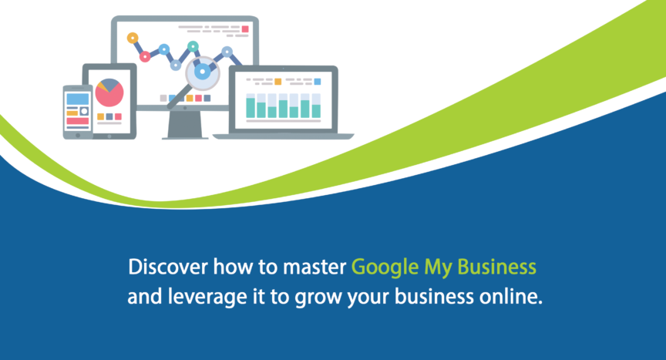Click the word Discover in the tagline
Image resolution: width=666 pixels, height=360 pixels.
[168, 267]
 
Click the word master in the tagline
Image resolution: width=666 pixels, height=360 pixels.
[314, 267]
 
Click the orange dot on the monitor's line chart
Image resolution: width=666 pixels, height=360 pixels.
[133, 39]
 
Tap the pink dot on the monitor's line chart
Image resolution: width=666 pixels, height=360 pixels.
[145, 56]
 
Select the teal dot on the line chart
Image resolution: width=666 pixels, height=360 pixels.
[193, 46]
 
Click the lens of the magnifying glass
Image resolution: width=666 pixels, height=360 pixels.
[203, 73]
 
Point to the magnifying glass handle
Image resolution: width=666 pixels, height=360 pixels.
[177, 98]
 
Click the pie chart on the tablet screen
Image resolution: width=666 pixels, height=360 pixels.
[109, 93]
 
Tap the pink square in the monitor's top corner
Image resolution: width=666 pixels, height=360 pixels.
[245, 29]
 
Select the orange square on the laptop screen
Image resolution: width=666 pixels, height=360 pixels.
[277, 82]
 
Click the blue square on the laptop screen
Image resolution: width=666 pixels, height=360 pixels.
[318, 82]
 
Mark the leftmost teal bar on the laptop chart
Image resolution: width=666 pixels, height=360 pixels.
[251, 108]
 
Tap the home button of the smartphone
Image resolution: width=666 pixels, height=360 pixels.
[78, 135]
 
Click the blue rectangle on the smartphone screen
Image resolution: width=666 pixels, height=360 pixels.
[78, 99]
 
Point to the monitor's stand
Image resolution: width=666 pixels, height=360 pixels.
[185, 125]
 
